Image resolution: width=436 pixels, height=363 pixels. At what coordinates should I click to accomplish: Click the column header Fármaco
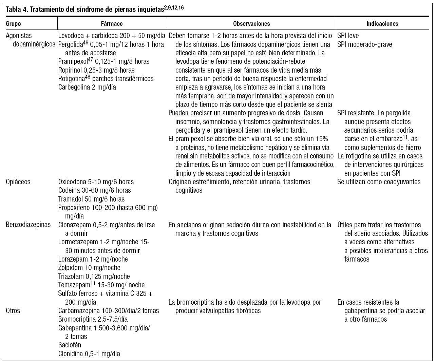coord(112,24)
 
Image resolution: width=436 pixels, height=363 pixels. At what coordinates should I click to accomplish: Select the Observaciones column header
coord(251,24)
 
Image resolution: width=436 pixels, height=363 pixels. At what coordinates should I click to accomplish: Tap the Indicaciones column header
coord(382,24)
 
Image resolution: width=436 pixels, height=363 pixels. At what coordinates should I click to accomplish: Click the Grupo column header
coord(14,24)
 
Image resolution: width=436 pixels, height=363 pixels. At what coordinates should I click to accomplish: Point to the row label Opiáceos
coord(18,182)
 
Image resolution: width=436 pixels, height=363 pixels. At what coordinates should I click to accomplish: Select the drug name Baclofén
coord(70,345)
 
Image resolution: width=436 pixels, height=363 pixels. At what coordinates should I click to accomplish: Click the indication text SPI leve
coord(348,36)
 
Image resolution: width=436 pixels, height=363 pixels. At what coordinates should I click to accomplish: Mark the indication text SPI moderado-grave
coord(365,44)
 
